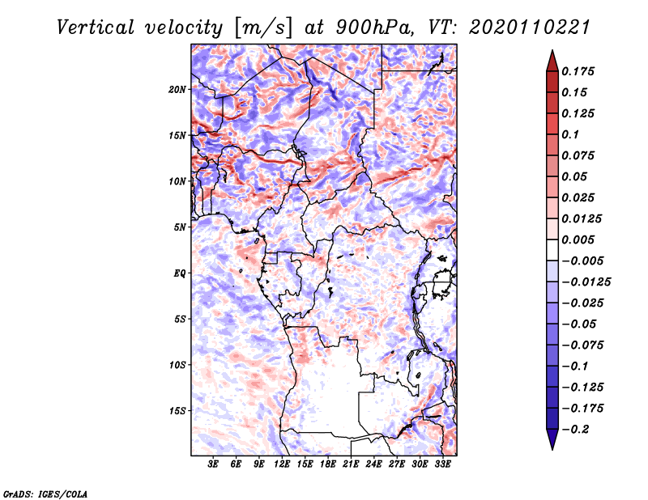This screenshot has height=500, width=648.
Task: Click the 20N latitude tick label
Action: point(177,89)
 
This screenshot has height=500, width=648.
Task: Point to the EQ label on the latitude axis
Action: point(180,273)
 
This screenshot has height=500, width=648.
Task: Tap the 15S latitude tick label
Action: point(177,411)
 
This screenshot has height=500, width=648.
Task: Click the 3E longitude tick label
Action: point(214,465)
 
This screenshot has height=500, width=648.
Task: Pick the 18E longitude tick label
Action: point(328,465)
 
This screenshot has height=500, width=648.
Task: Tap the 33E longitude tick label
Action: point(442,465)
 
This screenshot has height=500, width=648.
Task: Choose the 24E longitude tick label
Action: point(374,465)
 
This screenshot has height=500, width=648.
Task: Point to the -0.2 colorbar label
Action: point(578,429)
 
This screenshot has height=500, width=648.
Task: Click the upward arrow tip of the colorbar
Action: point(552,52)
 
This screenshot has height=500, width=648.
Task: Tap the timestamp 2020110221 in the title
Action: point(518,28)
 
